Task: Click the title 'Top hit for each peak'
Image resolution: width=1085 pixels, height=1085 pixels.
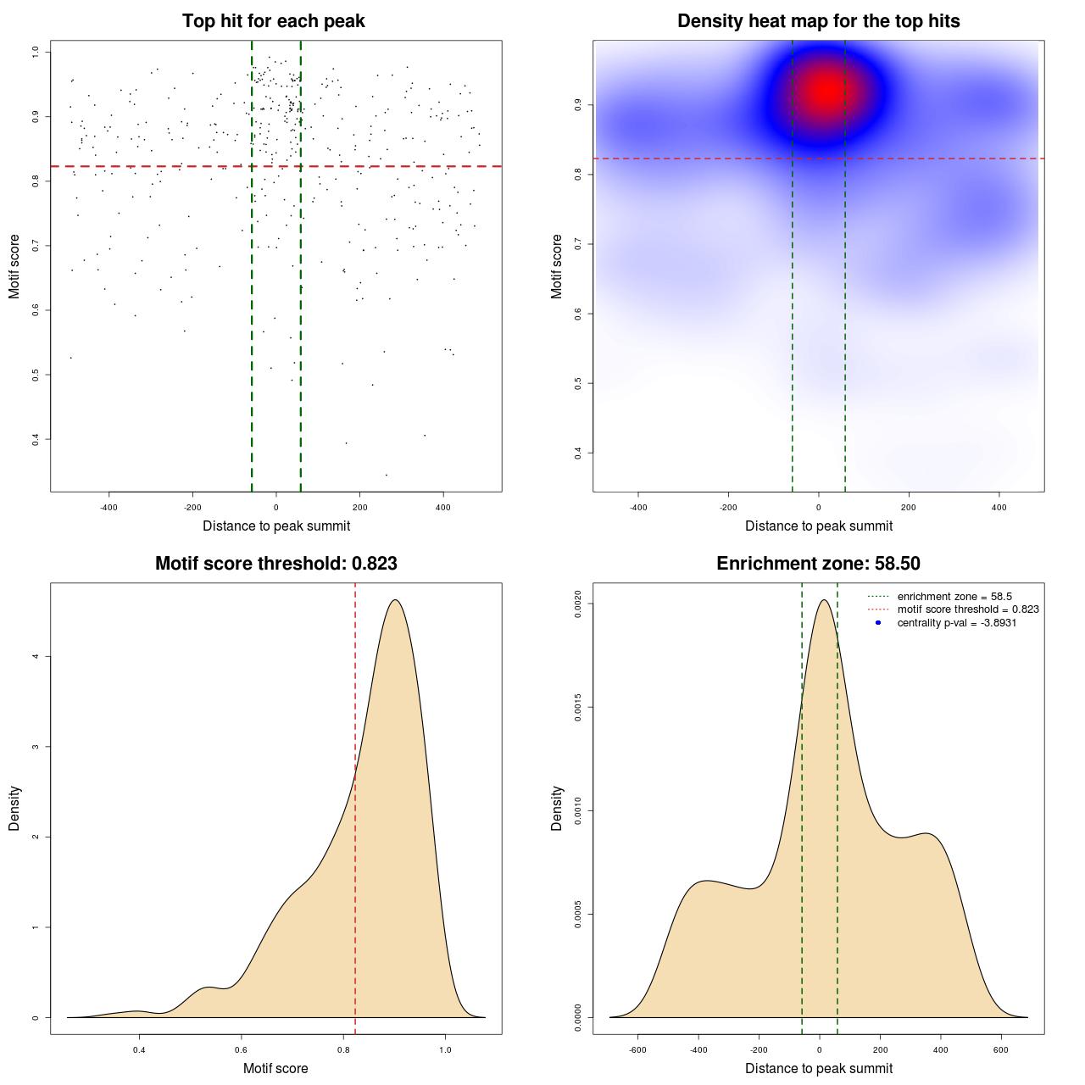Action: tap(273, 21)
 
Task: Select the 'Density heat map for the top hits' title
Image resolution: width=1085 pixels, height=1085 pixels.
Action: tap(818, 21)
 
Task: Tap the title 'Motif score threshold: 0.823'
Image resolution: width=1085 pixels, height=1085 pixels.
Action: tap(275, 564)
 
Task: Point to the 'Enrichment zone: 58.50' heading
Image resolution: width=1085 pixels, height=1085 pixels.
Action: tap(818, 564)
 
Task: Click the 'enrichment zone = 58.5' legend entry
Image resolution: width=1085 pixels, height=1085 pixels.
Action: tap(954, 597)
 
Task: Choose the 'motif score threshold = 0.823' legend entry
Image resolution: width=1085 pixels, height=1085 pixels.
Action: tap(968, 609)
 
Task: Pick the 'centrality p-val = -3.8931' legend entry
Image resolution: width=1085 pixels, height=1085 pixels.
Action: tap(957, 623)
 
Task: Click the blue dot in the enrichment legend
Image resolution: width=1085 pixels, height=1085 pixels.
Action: tap(878, 623)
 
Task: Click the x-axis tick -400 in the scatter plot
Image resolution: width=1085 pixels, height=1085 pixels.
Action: tap(108, 508)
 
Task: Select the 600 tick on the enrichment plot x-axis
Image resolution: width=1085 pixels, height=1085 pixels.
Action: tap(1001, 1049)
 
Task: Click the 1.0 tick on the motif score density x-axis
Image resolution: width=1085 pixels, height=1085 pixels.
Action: tap(446, 1049)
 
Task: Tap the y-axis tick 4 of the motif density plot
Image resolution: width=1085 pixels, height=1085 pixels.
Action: tap(36, 656)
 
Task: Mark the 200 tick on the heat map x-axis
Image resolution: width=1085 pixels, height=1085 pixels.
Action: tap(909, 508)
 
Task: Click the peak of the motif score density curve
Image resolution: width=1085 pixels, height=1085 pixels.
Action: tap(395, 600)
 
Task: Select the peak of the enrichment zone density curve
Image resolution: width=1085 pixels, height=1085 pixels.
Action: tap(823, 600)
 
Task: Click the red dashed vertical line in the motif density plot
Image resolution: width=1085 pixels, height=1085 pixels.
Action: tap(355, 805)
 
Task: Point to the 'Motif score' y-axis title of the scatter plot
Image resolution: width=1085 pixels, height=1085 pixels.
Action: tap(14, 266)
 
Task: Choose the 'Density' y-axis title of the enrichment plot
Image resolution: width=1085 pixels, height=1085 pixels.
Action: tap(557, 808)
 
